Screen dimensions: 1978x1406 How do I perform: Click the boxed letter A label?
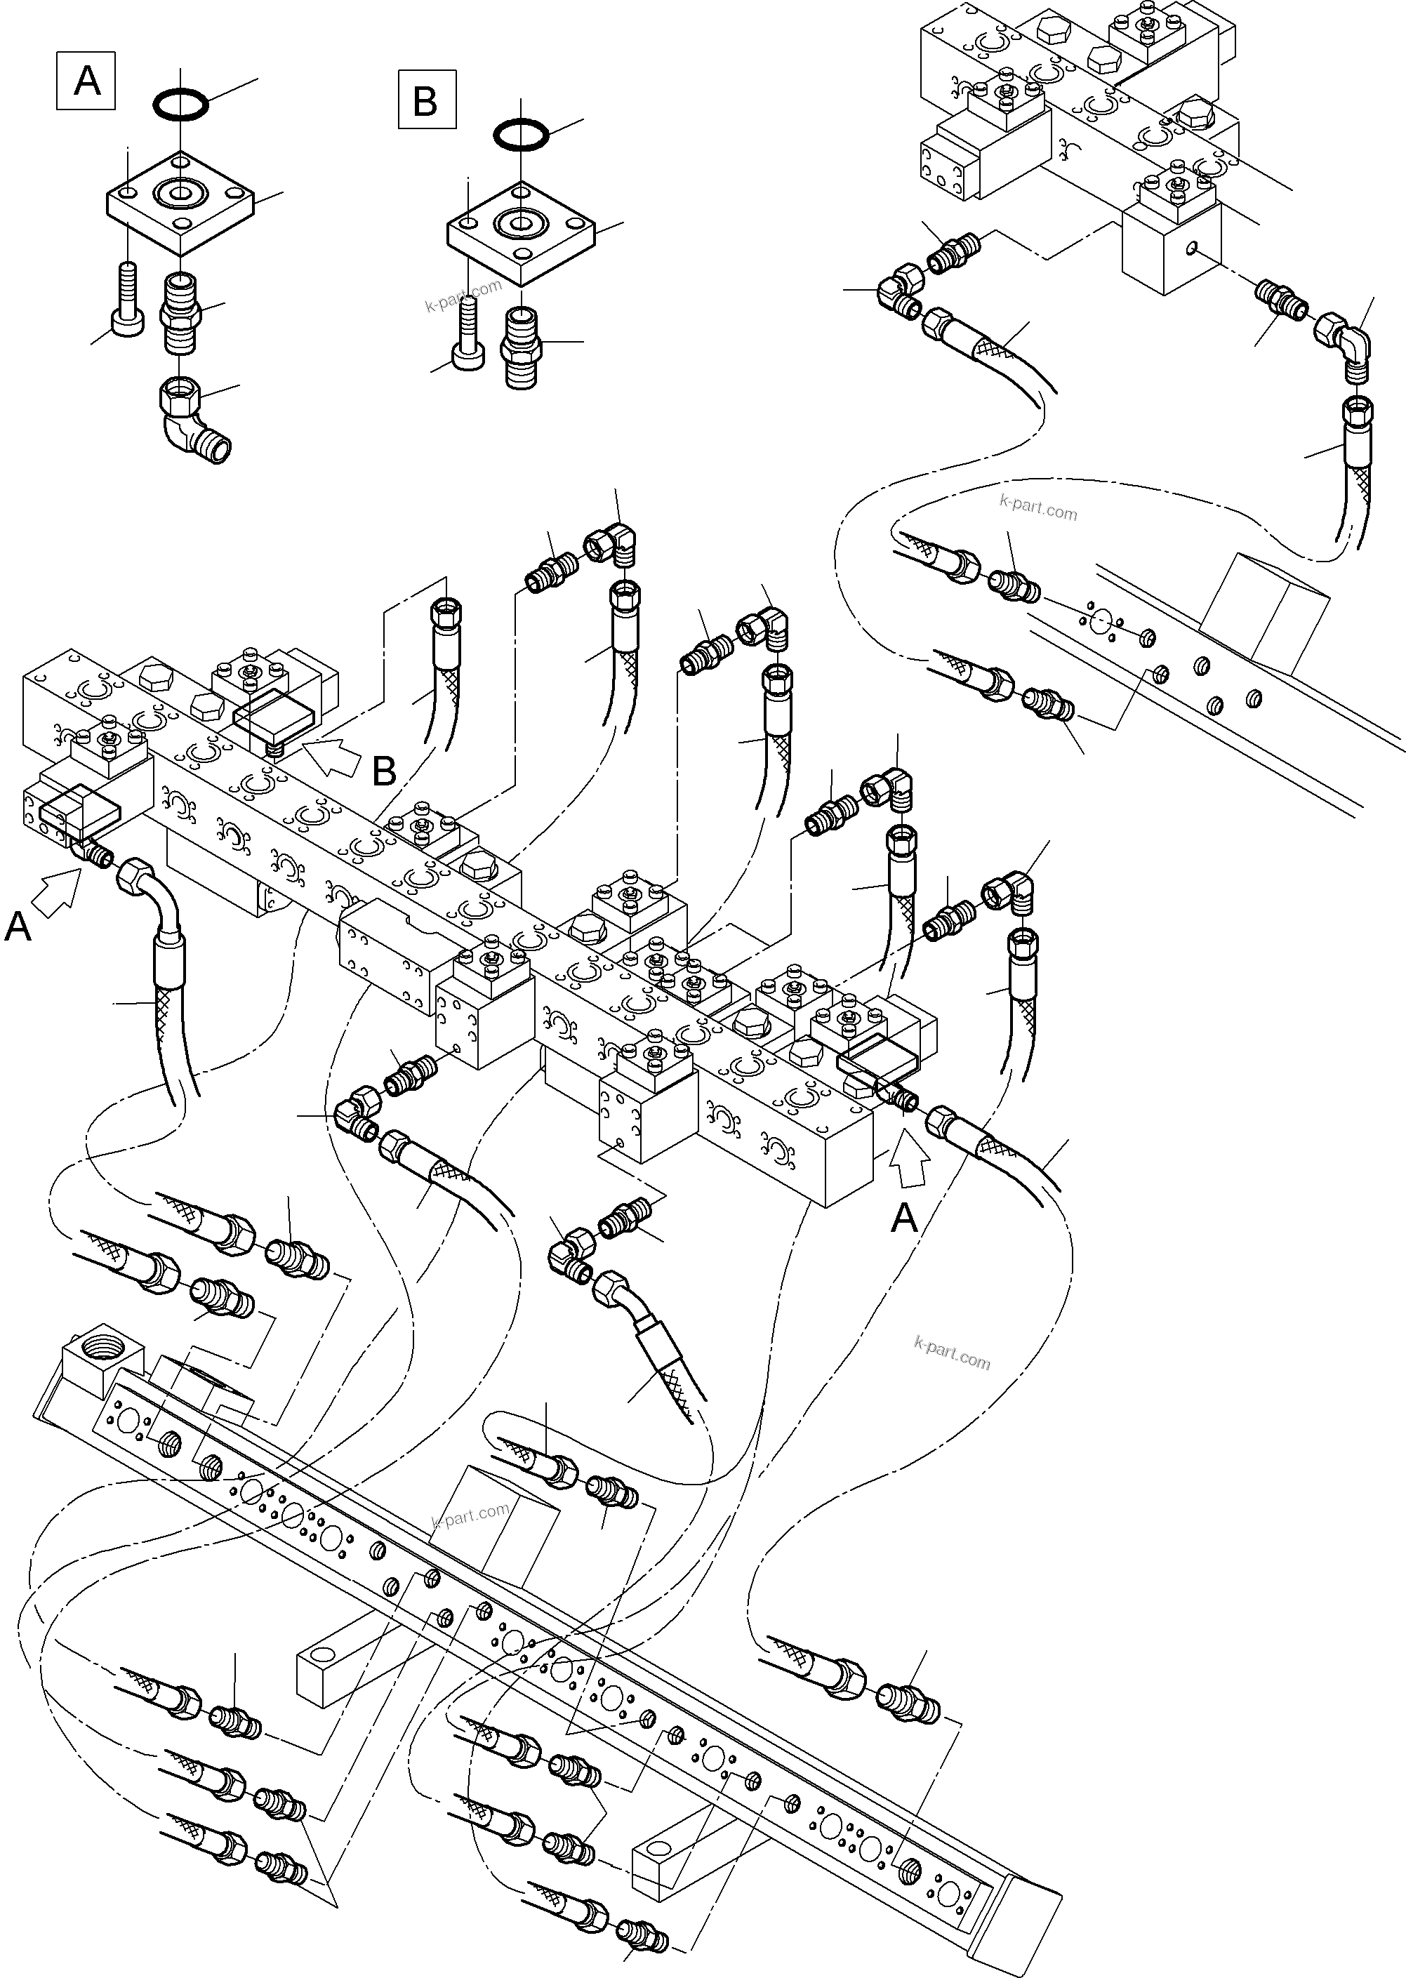(86, 81)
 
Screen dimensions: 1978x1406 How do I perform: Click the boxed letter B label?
(427, 100)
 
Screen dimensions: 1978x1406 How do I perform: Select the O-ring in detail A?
(181, 105)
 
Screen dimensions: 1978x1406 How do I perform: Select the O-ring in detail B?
(521, 135)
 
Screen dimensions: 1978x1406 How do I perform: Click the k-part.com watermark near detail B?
(463, 296)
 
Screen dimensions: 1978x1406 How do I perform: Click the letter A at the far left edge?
(18, 928)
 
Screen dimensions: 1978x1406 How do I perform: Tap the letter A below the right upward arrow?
(904, 1219)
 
